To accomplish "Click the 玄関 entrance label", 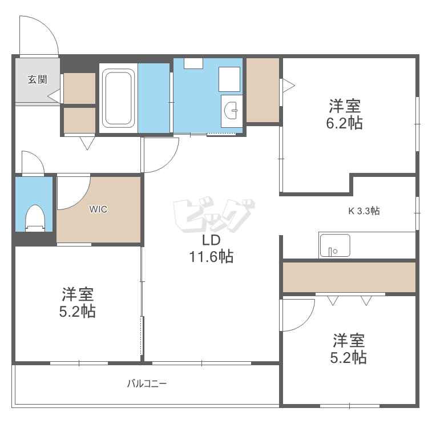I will pyautogui.click(x=37, y=80).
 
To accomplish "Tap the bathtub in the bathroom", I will pyautogui.click(x=119, y=98).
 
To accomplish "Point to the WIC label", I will pyautogui.click(x=98, y=209).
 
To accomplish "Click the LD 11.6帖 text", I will pyautogui.click(x=211, y=249).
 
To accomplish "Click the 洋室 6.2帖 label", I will pyautogui.click(x=345, y=114).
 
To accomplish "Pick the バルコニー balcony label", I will pyautogui.click(x=147, y=383).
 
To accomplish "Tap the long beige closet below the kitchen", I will pyautogui.click(x=348, y=277).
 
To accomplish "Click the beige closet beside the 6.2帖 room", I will pyautogui.click(x=262, y=90).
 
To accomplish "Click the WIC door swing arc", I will pyautogui.click(x=74, y=192).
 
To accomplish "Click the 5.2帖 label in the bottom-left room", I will pyautogui.click(x=78, y=303).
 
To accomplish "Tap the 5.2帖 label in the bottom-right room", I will pyautogui.click(x=349, y=349).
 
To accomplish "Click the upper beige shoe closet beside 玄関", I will pyautogui.click(x=79, y=88).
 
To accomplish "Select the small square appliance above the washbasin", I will pyautogui.click(x=229, y=79).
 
